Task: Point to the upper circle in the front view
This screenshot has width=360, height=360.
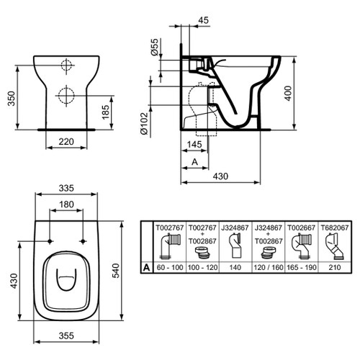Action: pos(65,66)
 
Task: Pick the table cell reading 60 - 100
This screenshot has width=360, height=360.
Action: pos(170,266)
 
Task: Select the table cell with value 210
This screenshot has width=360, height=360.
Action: pos(333,266)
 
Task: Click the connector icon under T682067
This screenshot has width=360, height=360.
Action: pos(333,247)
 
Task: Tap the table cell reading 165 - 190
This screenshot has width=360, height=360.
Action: pos(300,266)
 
